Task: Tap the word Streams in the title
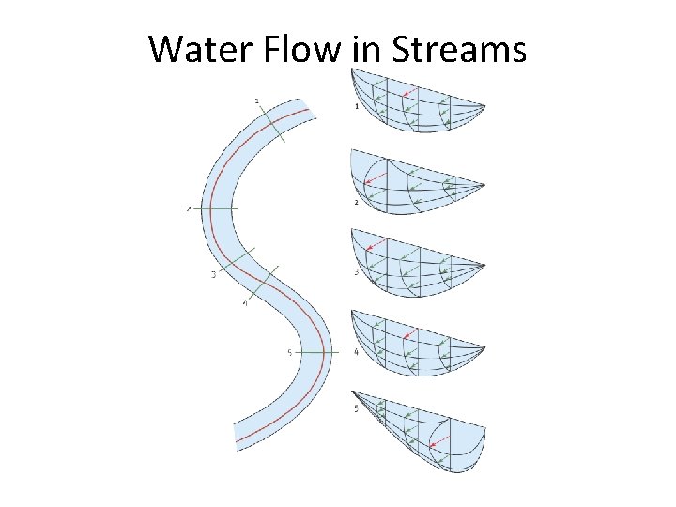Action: (x=457, y=49)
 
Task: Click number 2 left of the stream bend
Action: (x=189, y=208)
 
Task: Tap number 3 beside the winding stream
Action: (x=213, y=274)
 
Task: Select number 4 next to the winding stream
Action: (x=244, y=303)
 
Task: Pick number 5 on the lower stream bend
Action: (x=289, y=351)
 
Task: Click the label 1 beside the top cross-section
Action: (x=356, y=107)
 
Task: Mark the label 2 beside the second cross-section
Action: (x=356, y=202)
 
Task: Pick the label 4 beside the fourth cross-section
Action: (x=356, y=352)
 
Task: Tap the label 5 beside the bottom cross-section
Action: (x=356, y=408)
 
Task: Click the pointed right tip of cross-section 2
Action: (x=484, y=184)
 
